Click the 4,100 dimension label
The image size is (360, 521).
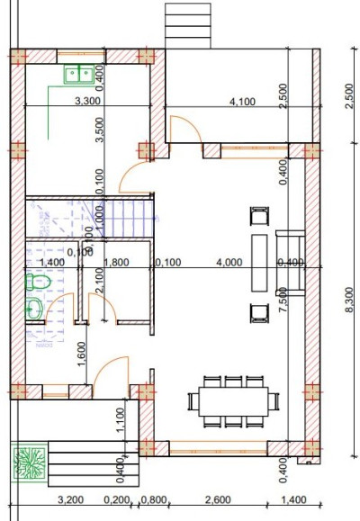[243, 102]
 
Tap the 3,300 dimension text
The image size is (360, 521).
[87, 102]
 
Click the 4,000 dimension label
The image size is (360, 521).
[229, 263]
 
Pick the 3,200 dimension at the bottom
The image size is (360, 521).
[71, 499]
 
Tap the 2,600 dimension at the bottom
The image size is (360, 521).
[220, 499]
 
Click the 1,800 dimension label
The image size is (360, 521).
[116, 263]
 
